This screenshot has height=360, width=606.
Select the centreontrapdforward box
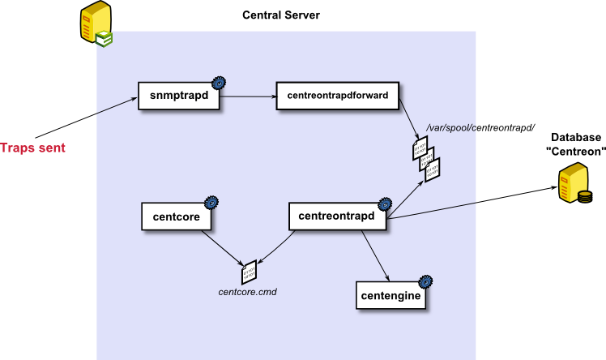(337, 96)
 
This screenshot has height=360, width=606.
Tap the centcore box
(176, 216)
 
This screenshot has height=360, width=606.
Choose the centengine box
(390, 296)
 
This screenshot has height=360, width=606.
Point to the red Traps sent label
(32, 148)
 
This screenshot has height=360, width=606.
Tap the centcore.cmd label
(248, 290)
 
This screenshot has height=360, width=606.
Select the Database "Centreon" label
(577, 144)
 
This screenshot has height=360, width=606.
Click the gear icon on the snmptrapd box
(218, 82)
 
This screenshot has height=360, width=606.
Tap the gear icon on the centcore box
(211, 203)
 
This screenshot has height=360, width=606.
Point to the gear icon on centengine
(425, 282)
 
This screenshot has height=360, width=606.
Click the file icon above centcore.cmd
(249, 271)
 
